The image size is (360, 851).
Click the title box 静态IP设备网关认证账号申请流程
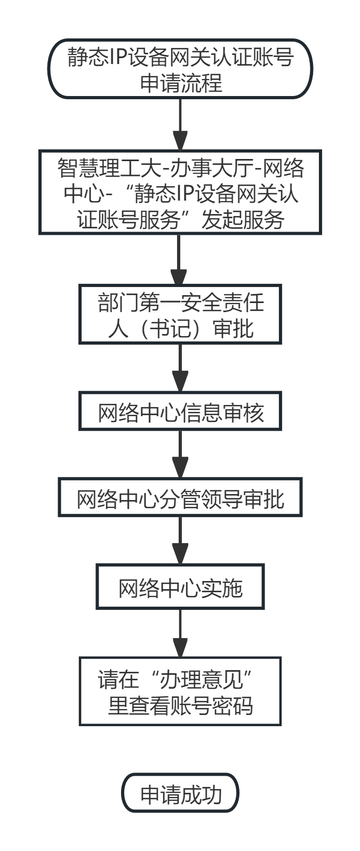click(180, 68)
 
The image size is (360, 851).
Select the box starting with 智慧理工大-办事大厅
click(180, 193)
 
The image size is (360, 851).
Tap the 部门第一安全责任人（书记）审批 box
click(180, 315)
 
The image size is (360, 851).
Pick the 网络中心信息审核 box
click(180, 412)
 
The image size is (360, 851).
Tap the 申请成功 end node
click(180, 794)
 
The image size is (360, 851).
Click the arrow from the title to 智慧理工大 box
click(180, 125)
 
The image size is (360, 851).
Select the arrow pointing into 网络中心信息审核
click(180, 369)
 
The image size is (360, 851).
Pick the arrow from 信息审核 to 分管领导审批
click(180, 455)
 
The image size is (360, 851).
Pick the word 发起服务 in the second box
click(243, 219)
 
